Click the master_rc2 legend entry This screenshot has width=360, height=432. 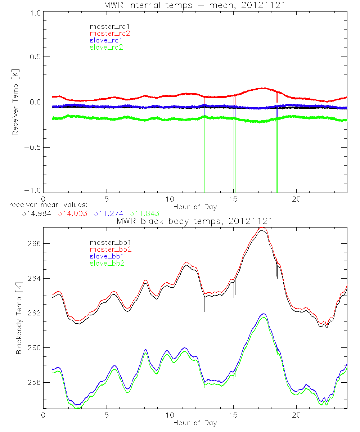(110, 33)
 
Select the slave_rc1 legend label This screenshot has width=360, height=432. (106, 40)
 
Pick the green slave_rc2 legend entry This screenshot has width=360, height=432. (106, 47)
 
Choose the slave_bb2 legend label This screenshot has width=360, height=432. (107, 264)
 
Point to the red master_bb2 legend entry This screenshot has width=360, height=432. (110, 249)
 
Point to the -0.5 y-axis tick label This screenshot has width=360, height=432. (32, 147)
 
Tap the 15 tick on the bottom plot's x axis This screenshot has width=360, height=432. (234, 415)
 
